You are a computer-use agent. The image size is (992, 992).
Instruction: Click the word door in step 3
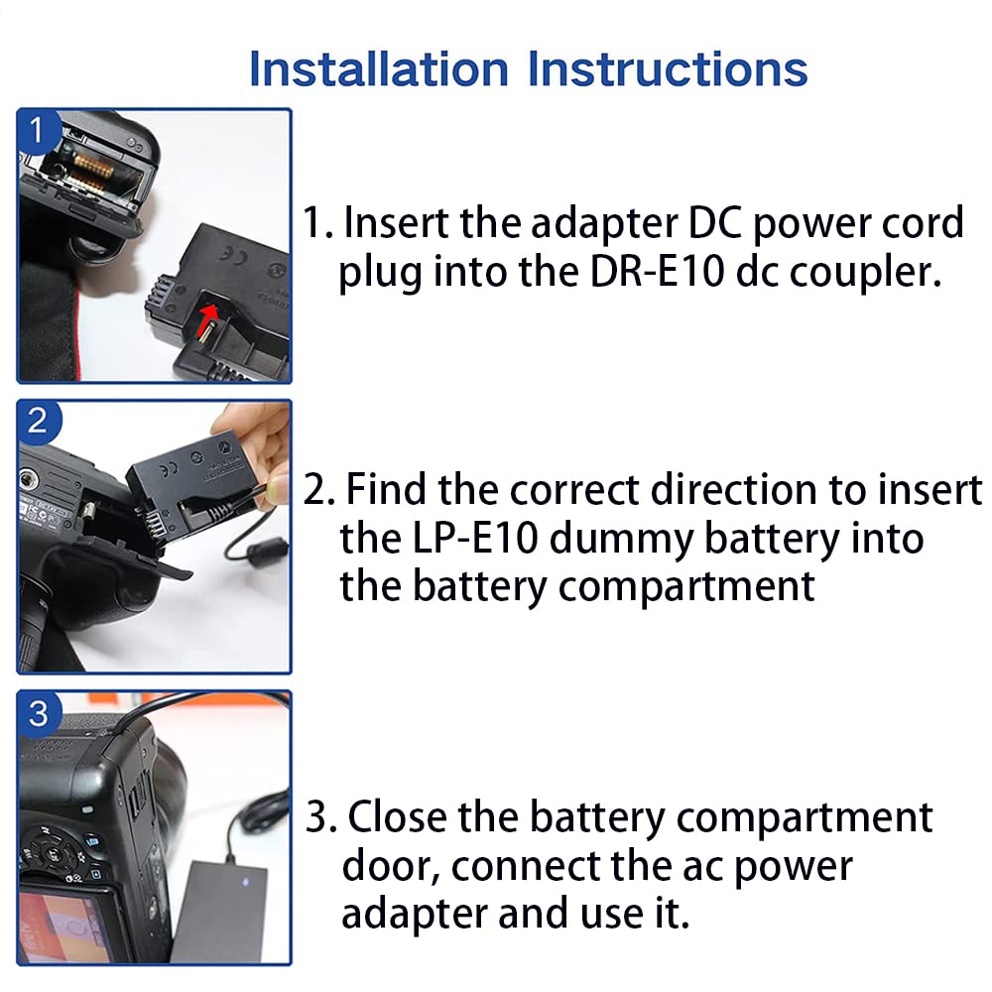coord(390,866)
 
